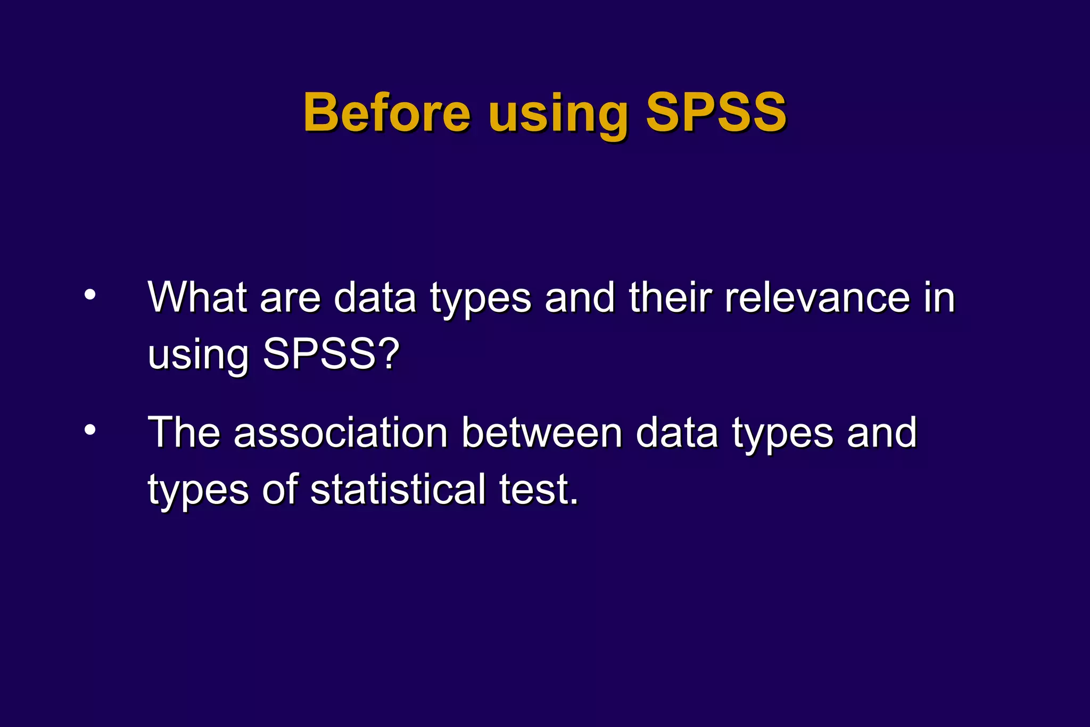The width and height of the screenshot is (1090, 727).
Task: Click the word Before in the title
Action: tap(387, 112)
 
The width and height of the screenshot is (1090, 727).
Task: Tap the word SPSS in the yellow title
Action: tap(716, 112)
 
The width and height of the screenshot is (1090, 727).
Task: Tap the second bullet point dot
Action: tap(90, 429)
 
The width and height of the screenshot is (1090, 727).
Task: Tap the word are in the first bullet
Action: tap(290, 298)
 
